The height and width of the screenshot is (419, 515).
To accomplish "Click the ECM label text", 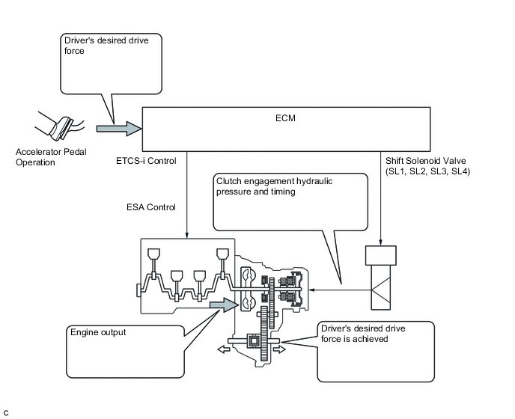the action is coord(285,118).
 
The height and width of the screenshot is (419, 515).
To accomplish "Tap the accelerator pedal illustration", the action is coord(61,126).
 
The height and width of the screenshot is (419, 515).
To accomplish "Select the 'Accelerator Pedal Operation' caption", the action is coord(51,157).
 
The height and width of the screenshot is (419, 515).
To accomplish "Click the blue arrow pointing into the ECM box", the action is coord(119,129).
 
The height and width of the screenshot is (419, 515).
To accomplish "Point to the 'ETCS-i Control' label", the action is coord(146,161).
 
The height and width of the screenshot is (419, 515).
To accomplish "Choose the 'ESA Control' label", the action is coord(151,207).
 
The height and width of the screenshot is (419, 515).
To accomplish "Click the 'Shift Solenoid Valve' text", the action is coord(426,161).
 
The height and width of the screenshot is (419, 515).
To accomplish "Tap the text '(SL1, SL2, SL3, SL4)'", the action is coord(427,171).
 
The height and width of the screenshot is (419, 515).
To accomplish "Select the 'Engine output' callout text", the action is coord(98,332).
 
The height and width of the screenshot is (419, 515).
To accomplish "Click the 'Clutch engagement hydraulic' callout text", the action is coord(274,181).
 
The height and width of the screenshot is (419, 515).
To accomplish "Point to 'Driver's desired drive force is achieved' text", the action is coord(363,334).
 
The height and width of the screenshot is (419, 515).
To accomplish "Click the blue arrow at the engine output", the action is coord(224,305).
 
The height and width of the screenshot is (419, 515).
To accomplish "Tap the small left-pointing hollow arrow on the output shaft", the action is coord(224,349).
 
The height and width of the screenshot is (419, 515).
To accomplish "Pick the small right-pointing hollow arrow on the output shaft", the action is coord(279,349).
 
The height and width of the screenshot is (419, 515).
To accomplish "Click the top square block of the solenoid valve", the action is coord(381,255).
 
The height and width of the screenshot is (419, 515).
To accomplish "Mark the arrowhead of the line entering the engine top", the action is coord(186,236).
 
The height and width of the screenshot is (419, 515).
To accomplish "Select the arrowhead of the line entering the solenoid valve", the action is coord(381,242).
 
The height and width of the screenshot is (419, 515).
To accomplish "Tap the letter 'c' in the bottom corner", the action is coord(6,413).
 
